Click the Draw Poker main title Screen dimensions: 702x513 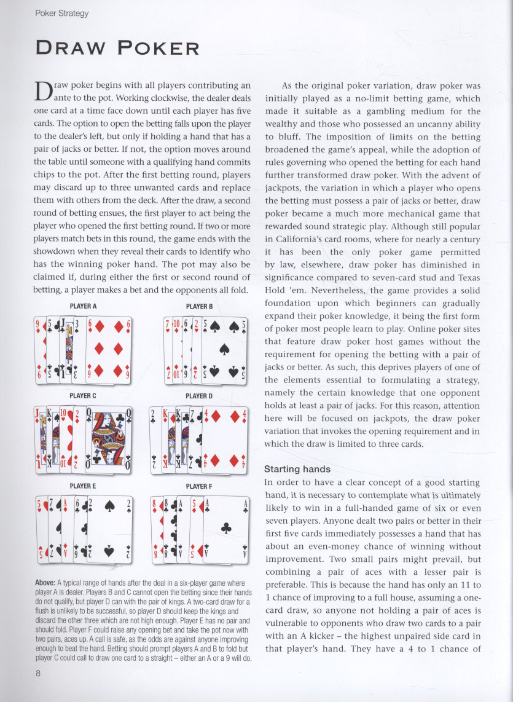(x=117, y=48)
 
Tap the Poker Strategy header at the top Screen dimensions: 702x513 (x=61, y=13)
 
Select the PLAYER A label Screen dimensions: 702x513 (x=83, y=306)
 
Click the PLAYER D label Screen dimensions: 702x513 (x=198, y=396)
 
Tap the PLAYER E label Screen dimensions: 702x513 (x=83, y=486)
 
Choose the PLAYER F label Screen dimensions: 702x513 (x=198, y=486)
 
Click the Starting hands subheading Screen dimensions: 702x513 (x=297, y=469)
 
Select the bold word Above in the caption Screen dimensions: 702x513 (x=44, y=582)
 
